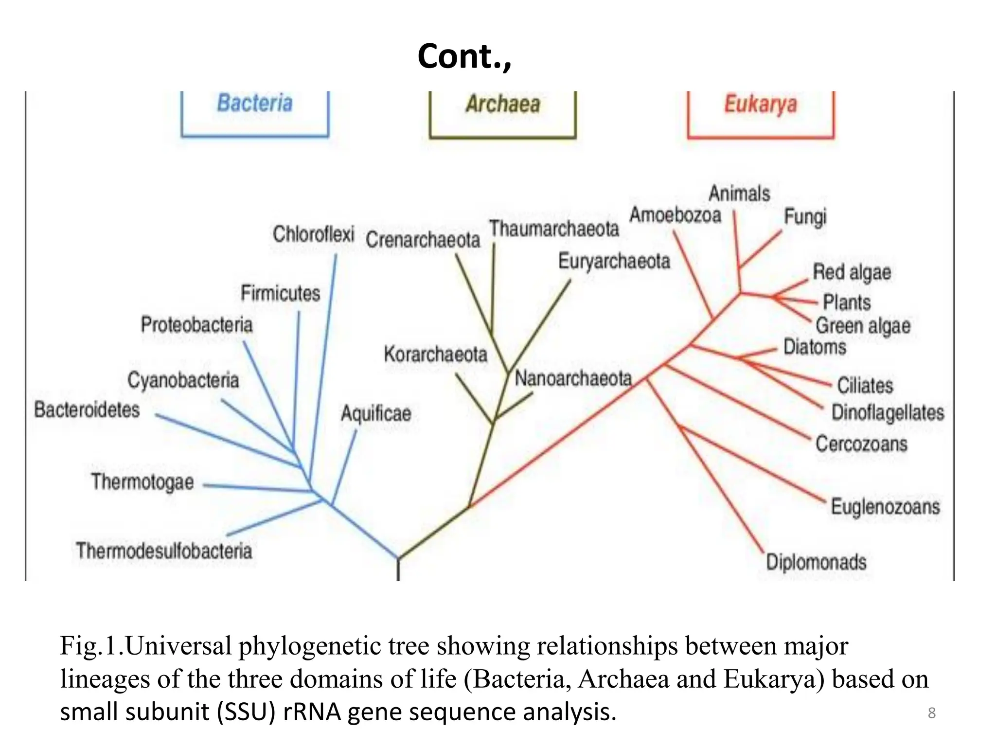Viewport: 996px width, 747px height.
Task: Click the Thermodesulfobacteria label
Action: coord(164,551)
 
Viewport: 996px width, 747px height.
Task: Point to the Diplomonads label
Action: coord(816,562)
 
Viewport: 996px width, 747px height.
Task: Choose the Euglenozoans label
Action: coord(885,507)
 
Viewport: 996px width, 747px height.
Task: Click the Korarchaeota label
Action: coord(435,354)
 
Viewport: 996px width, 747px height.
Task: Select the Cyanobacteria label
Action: coord(183,380)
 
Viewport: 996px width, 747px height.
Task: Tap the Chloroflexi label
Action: coord(313,234)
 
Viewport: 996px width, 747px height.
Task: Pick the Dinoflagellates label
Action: coord(888,412)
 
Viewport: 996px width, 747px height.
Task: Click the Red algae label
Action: coord(852,272)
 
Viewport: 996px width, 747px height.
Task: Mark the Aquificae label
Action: coord(376,414)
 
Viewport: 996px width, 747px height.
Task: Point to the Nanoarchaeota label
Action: coord(573,378)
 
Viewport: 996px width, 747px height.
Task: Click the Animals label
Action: coord(739,194)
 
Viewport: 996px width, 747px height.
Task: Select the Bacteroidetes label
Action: coord(87,409)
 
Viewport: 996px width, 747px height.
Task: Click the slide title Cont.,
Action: coord(464,56)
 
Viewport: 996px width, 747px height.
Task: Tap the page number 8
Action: coord(931,713)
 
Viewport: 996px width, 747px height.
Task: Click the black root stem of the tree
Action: coord(398,569)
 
